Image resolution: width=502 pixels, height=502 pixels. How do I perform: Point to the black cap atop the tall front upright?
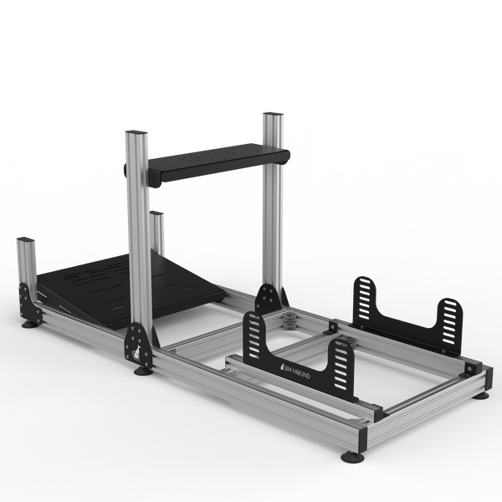pyautogui.click(x=136, y=133)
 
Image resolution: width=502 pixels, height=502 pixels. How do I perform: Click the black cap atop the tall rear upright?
pyautogui.click(x=273, y=115)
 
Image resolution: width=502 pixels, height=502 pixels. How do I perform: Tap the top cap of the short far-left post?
pyautogui.click(x=25, y=239)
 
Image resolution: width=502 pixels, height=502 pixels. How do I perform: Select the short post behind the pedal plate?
pyautogui.click(x=157, y=232)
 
